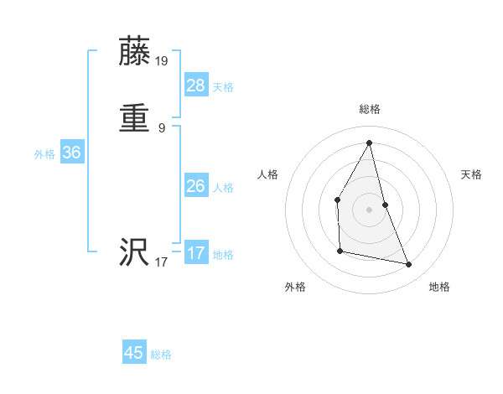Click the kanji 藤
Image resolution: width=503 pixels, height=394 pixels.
136,51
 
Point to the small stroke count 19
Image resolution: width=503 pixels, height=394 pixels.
162,61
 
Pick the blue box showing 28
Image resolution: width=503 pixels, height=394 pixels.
195,85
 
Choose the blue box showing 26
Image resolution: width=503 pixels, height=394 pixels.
195,186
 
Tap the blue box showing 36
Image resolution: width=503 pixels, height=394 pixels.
71,153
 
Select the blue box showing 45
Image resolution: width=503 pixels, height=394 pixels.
134,353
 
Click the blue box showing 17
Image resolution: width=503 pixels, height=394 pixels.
195,253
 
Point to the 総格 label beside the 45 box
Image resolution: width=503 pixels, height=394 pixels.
161,355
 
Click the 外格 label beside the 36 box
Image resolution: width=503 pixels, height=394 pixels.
44,154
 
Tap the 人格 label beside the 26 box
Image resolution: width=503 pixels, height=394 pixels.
223,188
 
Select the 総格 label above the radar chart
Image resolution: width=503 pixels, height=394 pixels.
370,109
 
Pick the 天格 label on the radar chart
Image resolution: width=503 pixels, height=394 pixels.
472,174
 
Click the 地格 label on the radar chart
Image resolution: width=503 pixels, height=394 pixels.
439,287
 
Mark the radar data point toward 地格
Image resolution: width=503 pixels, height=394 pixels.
409,265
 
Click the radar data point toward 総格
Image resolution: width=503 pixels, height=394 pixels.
370,142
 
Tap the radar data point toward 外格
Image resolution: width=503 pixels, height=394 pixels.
340,251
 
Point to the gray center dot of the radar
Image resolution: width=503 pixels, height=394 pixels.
370,209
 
